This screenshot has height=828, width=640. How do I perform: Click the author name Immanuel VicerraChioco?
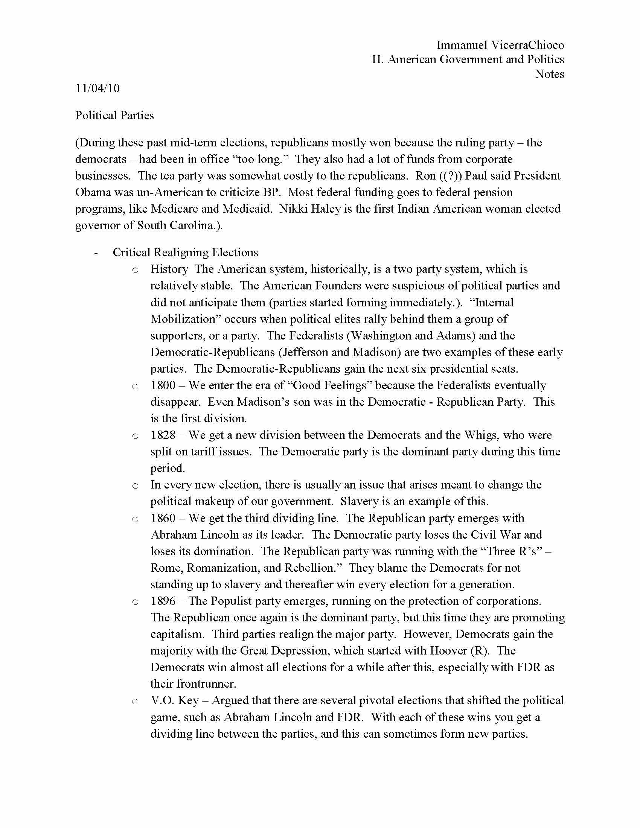[x=500, y=45]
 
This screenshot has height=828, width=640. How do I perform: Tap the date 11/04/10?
[x=98, y=88]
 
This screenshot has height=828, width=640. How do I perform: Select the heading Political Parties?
[x=114, y=116]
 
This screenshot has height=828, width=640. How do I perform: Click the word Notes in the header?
[x=549, y=74]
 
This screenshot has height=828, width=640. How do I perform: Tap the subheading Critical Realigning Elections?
[x=185, y=253]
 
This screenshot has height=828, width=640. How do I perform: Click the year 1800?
[x=163, y=385]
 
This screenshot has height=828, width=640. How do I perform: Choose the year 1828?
[x=163, y=435]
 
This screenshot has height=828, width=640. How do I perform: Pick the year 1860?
[x=163, y=518]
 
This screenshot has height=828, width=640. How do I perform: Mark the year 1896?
[x=163, y=601]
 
